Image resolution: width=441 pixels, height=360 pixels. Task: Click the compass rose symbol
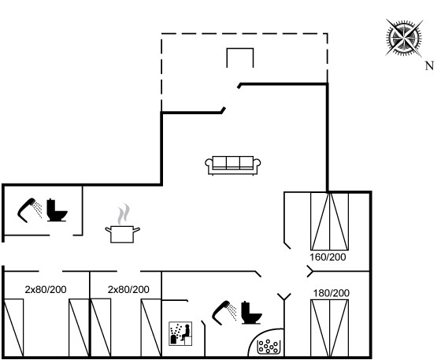(405, 37)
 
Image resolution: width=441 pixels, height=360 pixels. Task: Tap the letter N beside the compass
(429, 66)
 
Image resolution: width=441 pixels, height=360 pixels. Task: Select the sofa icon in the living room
(233, 165)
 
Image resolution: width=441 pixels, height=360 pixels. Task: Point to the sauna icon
(180, 333)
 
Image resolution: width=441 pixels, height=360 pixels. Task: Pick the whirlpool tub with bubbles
(269, 347)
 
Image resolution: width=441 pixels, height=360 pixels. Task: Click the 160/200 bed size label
(328, 257)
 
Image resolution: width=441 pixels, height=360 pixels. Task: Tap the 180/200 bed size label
(332, 293)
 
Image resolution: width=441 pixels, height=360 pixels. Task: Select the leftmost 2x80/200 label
(46, 289)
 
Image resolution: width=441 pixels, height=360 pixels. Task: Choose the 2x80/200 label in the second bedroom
(128, 289)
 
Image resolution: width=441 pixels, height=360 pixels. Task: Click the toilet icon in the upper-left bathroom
(57, 210)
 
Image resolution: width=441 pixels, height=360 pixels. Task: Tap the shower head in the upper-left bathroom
(30, 210)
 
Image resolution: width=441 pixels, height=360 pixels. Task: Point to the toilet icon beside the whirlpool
(251, 313)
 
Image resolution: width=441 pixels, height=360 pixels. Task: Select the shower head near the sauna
(224, 313)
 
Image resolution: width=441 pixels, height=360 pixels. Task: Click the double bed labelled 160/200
(330, 221)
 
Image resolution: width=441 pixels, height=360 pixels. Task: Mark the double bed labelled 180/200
(330, 328)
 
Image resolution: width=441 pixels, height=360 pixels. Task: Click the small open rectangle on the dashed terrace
(240, 49)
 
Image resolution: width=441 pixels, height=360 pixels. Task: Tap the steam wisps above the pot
(124, 214)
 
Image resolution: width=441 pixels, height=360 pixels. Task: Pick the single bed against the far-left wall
(13, 328)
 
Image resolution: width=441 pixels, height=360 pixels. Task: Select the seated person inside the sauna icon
(186, 332)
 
